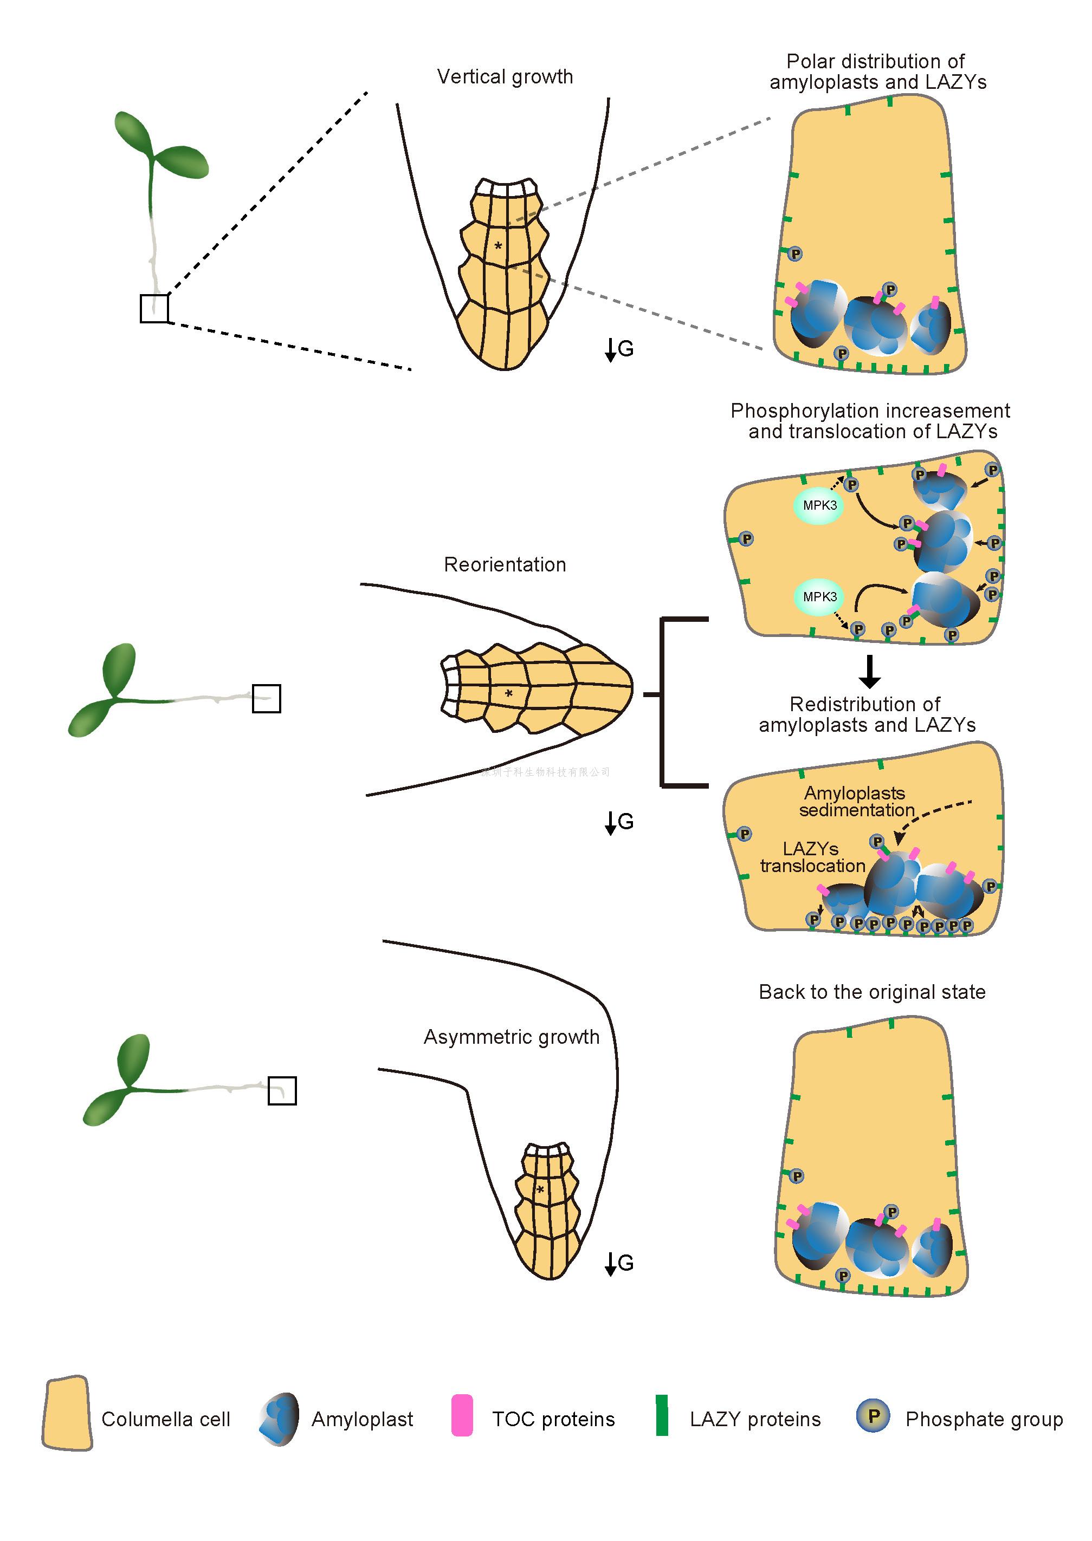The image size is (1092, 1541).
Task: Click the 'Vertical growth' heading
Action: [505, 76]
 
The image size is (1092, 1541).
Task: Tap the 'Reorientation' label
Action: [505, 564]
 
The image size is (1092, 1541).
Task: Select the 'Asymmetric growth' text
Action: [511, 1037]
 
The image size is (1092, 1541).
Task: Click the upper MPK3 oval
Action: [819, 505]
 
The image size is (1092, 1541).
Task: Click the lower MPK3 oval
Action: [819, 597]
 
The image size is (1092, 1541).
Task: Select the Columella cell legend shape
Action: [67, 1413]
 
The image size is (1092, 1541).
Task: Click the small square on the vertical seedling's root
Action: [154, 308]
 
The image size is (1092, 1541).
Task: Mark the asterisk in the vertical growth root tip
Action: [498, 246]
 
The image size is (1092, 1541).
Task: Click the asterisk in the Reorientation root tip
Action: [509, 693]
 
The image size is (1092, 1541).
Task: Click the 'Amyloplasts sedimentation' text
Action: [855, 802]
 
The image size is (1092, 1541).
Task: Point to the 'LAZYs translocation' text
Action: [812, 857]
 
